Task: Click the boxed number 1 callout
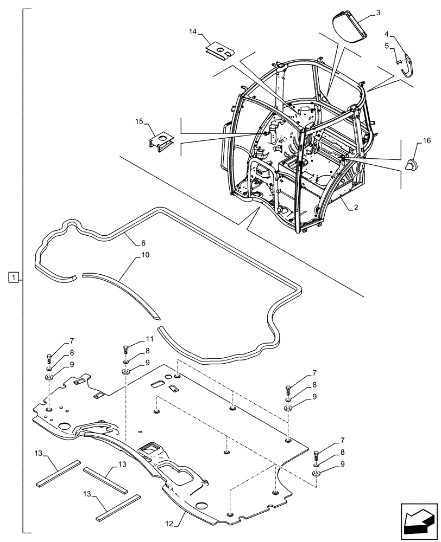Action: coord(14,279)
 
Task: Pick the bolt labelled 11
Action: coord(126,350)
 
